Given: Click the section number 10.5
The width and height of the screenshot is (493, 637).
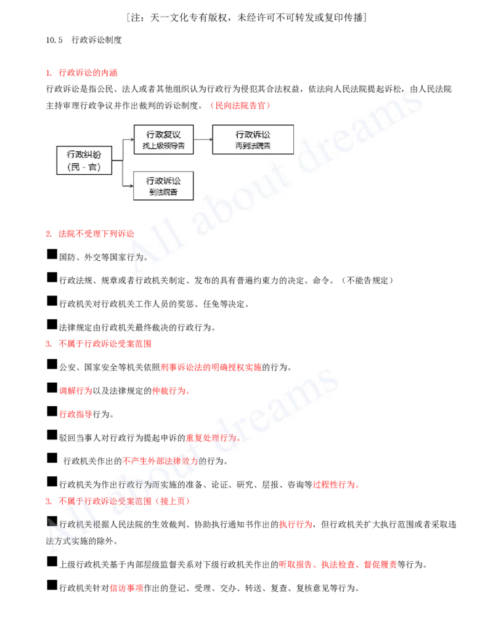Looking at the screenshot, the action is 54,40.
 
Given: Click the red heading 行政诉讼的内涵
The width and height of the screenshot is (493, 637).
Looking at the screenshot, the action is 88,73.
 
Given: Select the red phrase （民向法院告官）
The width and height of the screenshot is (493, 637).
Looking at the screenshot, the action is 240,106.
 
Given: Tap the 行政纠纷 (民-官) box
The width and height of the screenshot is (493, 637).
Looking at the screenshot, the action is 84,161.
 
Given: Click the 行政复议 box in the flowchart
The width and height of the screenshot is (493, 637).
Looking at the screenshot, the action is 163,139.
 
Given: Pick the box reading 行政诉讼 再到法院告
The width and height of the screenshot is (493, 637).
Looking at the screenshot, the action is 253,139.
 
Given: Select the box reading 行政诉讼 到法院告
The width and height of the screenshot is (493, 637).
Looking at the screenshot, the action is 163,186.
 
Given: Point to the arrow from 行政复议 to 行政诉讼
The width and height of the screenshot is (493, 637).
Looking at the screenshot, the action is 203,139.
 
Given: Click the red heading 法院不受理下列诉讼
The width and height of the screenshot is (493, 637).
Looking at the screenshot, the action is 96,234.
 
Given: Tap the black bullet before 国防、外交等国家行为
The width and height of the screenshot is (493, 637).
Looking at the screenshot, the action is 52,254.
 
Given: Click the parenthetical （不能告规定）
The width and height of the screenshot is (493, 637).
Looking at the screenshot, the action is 367,280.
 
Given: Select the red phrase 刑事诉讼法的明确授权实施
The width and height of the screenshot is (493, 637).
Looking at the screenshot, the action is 211,367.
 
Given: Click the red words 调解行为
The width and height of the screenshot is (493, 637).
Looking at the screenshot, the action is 76,391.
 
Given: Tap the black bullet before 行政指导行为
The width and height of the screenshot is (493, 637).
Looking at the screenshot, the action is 52,412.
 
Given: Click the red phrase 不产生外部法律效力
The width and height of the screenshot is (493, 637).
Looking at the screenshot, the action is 160,461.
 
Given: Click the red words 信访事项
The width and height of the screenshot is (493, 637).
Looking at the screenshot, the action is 126,588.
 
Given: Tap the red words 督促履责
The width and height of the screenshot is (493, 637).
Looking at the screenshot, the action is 380,565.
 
